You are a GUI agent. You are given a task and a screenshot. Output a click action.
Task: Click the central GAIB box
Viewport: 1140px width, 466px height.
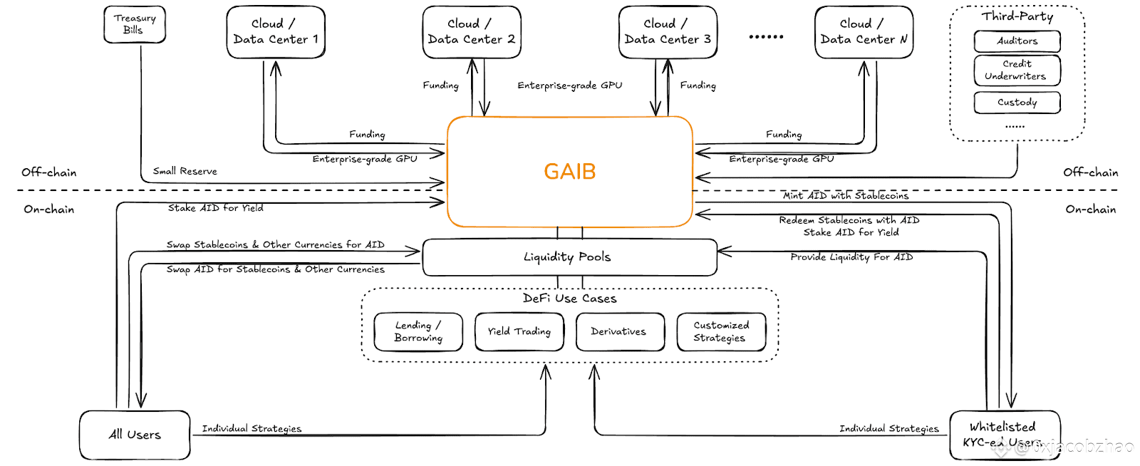(569, 172)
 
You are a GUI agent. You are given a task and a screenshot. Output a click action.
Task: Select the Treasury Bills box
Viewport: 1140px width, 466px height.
(135, 24)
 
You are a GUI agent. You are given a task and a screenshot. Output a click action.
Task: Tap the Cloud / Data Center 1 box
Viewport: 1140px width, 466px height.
(276, 32)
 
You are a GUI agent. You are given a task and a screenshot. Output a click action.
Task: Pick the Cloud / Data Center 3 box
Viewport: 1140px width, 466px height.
(668, 32)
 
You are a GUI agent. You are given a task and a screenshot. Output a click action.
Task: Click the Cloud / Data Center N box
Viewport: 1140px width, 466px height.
(864, 32)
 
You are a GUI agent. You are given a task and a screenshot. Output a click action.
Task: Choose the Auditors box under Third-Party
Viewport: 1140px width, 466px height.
(1017, 41)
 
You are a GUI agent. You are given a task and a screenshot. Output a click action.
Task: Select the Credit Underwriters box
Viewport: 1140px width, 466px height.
(1017, 70)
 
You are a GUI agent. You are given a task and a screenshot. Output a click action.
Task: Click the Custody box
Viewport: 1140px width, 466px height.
(1017, 103)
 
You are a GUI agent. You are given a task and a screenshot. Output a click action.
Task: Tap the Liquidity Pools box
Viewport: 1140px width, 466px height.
(569, 257)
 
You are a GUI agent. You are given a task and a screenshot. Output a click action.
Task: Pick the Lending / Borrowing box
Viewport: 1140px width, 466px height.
(418, 332)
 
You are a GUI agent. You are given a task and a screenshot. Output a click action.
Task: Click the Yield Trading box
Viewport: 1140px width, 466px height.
(519, 332)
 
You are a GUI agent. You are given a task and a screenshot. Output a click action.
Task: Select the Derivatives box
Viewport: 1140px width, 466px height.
(619, 332)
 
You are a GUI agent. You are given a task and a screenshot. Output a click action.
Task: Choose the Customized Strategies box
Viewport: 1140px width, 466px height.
(721, 332)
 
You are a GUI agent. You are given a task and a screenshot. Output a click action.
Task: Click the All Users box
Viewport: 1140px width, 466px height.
(135, 435)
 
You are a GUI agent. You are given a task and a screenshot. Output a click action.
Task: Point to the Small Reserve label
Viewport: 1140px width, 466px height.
(185, 171)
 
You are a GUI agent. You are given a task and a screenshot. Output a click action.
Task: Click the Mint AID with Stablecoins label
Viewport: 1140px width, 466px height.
(846, 195)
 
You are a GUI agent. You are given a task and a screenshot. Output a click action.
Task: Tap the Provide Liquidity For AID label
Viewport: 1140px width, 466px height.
(851, 257)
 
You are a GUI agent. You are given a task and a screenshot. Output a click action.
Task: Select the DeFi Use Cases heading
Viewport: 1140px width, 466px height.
(569, 299)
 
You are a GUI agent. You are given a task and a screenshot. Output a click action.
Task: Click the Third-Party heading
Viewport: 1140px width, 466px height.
(1017, 16)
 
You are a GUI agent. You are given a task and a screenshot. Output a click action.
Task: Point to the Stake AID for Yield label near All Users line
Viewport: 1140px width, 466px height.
(215, 208)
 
